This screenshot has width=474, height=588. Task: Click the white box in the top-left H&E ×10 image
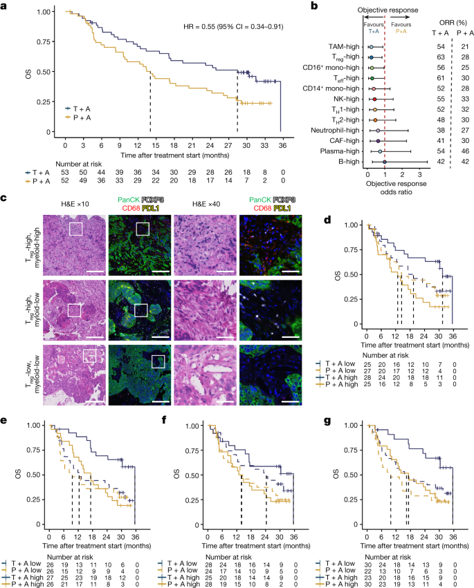coord(76,229)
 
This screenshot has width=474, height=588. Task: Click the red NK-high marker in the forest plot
coord(374,99)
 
